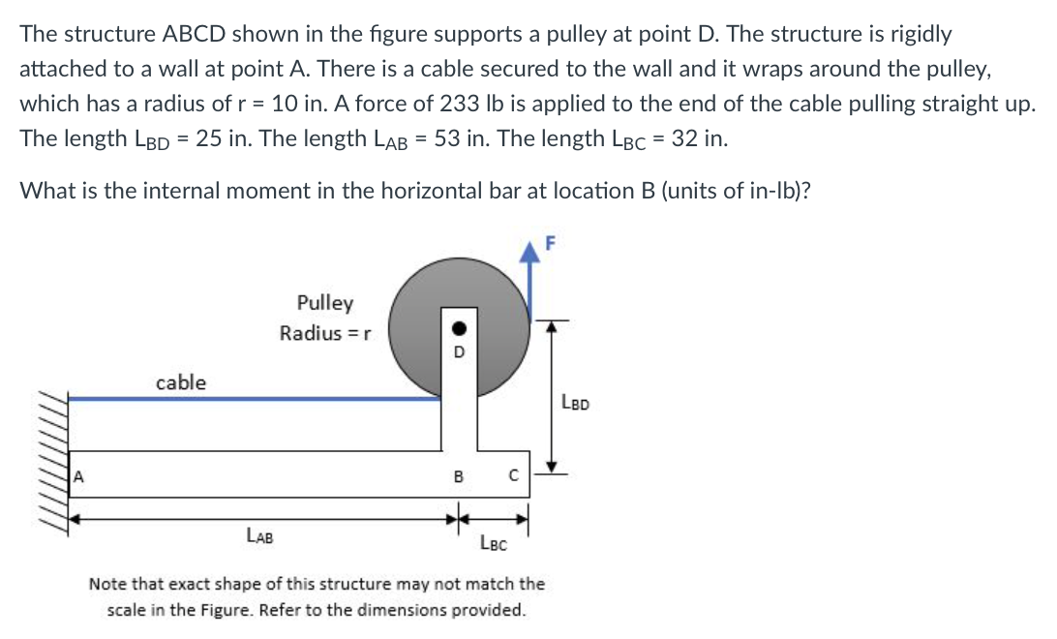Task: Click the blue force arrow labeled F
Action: click(x=530, y=281)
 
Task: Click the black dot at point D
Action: click(x=461, y=327)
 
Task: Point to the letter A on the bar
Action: click(x=81, y=475)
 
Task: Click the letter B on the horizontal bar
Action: click(x=460, y=476)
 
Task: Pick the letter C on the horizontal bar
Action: click(x=514, y=476)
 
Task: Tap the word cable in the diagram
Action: click(x=181, y=382)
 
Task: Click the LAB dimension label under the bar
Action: click(x=258, y=533)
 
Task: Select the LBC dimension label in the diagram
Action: click(x=494, y=544)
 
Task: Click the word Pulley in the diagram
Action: click(x=325, y=303)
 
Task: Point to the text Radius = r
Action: click(x=319, y=334)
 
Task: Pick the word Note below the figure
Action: click(x=107, y=584)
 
